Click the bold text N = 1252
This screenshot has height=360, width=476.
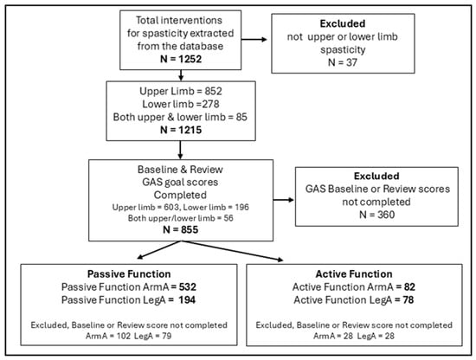point(181,59)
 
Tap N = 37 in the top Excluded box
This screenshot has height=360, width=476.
point(343,62)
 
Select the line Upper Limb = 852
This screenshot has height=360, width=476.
point(181,91)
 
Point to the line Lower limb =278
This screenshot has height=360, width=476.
point(181,104)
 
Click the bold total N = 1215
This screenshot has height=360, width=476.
point(181,130)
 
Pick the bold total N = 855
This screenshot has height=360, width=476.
point(181,229)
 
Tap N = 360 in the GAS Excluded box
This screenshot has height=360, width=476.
point(376,215)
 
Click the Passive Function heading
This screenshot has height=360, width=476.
point(129,273)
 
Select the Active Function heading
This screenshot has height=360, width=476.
point(354,273)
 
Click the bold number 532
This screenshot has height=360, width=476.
point(188,286)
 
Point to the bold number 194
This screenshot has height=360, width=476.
point(187,300)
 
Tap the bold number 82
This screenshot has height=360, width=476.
point(409,286)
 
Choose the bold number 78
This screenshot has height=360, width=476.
point(408,300)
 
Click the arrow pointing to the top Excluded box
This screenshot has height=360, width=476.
point(254,39)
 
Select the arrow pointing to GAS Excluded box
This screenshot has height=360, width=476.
point(284,200)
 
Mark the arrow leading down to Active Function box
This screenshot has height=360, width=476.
point(232,251)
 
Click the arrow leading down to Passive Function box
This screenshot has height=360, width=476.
point(159,250)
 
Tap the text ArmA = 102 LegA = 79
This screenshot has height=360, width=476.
point(128,336)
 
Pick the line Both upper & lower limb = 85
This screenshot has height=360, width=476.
point(180,117)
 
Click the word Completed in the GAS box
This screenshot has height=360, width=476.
point(180,195)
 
